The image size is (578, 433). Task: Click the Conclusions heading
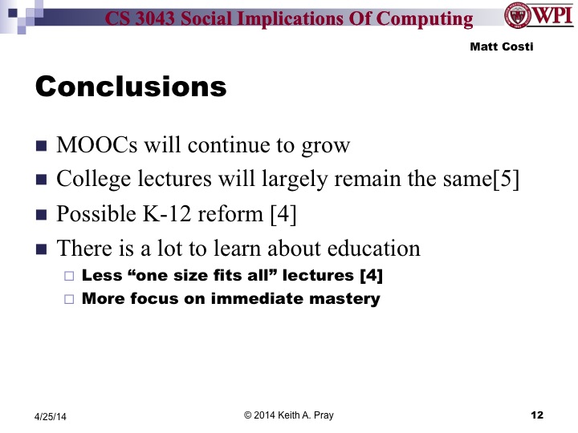click(131, 86)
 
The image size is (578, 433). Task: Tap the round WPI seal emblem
click(517, 15)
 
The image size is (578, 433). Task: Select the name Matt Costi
click(502, 47)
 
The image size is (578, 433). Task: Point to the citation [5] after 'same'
click(508, 180)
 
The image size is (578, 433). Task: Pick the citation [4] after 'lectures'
click(370, 277)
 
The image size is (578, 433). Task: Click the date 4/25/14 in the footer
click(51, 415)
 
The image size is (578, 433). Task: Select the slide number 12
click(537, 415)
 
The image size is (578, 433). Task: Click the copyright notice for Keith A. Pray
click(289, 415)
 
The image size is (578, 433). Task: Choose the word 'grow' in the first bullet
click(329, 146)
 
